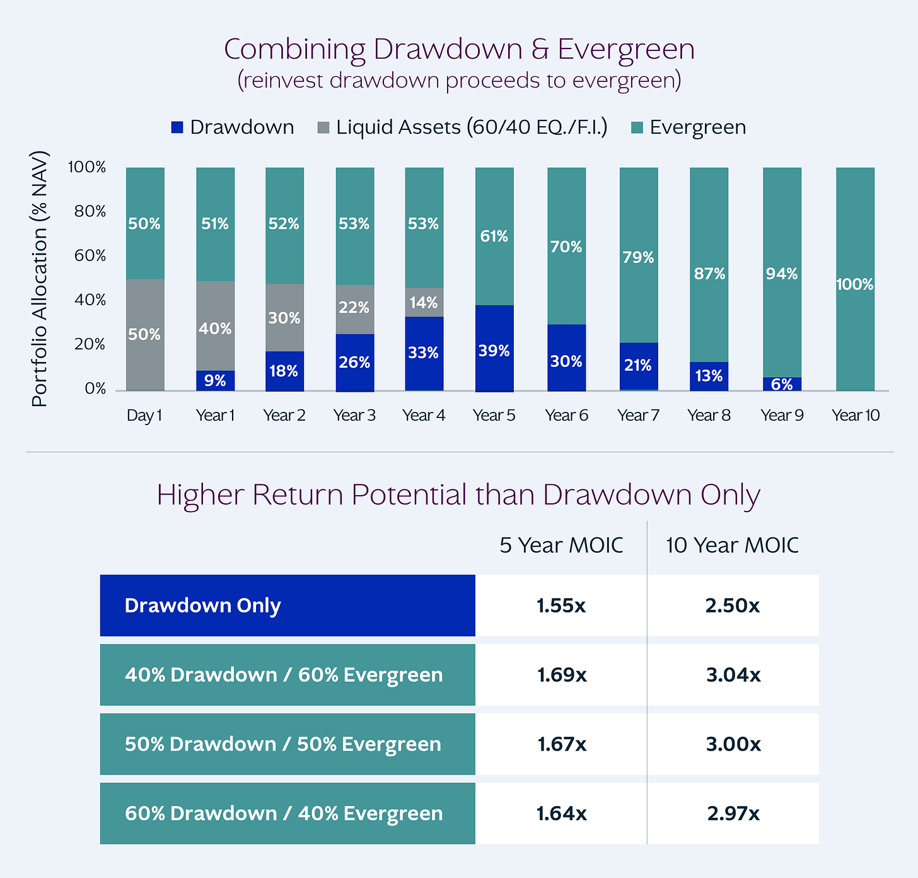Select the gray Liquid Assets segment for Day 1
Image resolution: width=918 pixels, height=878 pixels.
click(x=145, y=334)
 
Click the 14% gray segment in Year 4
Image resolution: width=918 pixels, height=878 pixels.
click(x=424, y=302)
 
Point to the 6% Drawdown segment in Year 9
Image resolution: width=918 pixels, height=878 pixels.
click(x=782, y=384)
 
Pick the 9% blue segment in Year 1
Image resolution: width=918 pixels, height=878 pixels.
click(x=215, y=380)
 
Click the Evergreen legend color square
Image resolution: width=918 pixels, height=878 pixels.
click(x=637, y=127)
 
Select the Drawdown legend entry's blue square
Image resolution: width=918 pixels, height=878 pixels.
click(x=177, y=127)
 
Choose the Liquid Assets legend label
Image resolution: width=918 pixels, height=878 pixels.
click(x=472, y=127)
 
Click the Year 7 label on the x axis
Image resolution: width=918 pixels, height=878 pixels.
click(x=638, y=415)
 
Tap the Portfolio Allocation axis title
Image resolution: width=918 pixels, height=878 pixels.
click(x=40, y=278)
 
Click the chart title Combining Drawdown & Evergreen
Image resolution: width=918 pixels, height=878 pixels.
click(x=459, y=49)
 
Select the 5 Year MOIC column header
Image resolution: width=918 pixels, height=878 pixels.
click(x=561, y=545)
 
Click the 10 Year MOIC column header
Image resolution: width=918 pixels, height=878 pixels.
click(x=732, y=545)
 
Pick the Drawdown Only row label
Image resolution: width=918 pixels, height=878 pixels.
click(x=202, y=606)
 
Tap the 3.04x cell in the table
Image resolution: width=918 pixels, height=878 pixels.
click(x=733, y=675)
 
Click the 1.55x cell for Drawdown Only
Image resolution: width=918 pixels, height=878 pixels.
click(x=561, y=606)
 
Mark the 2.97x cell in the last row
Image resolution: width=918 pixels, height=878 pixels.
click(x=733, y=814)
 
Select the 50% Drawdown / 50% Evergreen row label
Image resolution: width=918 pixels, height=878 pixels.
click(x=282, y=744)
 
